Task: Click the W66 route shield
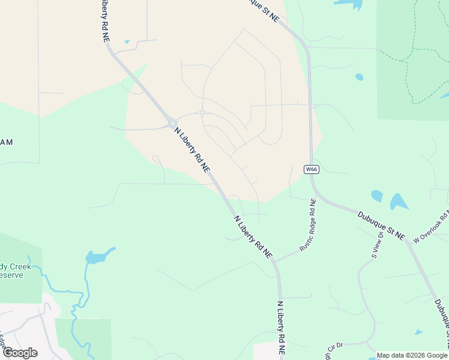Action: pyautogui.click(x=311, y=169)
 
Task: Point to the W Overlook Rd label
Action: pyautogui.click(x=432, y=227)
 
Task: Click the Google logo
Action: pyautogui.click(x=20, y=353)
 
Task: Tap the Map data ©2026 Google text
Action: pyautogui.click(x=412, y=355)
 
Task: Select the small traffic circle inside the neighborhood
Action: pyautogui.click(x=203, y=112)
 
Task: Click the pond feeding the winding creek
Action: pyautogui.click(x=98, y=257)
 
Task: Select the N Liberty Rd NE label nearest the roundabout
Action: pyautogui.click(x=192, y=149)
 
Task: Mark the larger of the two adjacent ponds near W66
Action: pyautogui.click(x=399, y=201)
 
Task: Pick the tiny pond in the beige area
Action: pyautogui.click(x=127, y=42)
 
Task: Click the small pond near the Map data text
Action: pyautogui.click(x=418, y=332)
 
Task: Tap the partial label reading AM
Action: pyautogui.click(x=7, y=142)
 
